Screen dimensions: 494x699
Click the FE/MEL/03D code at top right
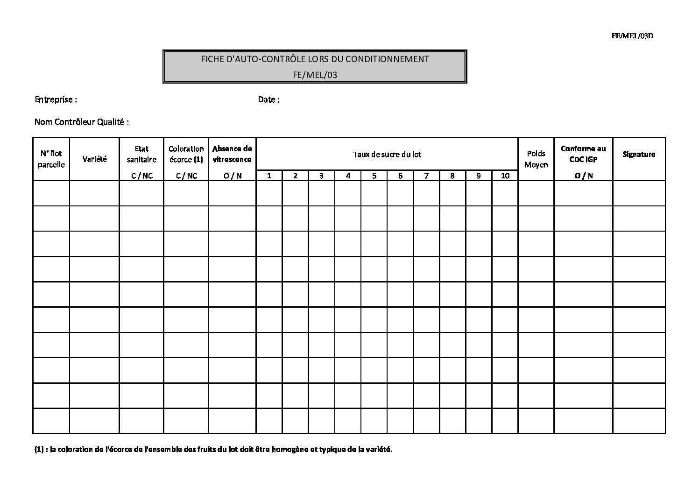tap(632, 36)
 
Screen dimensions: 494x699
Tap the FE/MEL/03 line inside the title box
tap(315, 75)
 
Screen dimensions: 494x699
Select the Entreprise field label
tap(56, 99)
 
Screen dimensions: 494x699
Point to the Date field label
tap(268, 99)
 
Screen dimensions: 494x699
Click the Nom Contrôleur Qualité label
tap(81, 122)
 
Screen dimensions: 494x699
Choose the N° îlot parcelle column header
tap(51, 159)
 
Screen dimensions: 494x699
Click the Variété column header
tap(94, 159)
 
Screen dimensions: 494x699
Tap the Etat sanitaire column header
tap(141, 154)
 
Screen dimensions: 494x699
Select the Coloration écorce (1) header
tap(186, 154)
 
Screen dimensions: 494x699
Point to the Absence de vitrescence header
tap(232, 154)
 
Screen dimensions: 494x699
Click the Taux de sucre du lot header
tap(387, 154)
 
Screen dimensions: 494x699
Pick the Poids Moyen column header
tap(536, 159)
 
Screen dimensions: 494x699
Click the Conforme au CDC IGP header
tap(583, 154)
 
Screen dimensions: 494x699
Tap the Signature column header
tap(639, 154)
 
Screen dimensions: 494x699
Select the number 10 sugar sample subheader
tap(505, 176)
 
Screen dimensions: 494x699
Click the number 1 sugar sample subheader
tap(269, 176)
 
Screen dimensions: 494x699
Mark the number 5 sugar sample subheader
tap(374, 176)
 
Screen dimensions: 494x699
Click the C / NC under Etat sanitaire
tap(141, 176)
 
